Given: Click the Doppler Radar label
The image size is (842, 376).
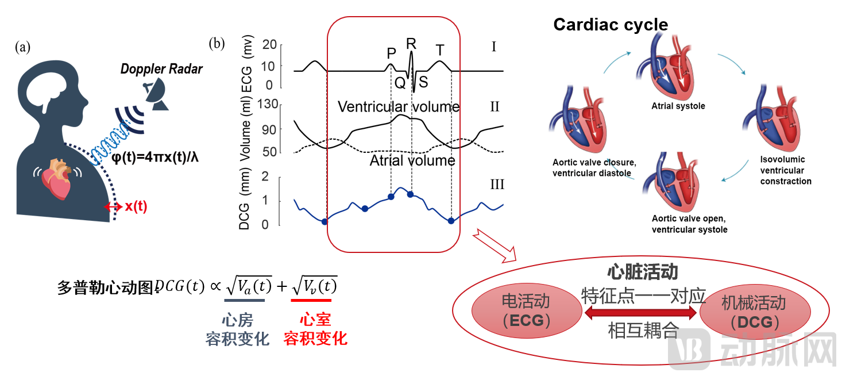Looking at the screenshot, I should pyautogui.click(x=161, y=70).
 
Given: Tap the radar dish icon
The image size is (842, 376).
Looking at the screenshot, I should pyautogui.click(x=155, y=95).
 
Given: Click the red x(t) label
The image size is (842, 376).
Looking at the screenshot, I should pyautogui.click(x=136, y=207).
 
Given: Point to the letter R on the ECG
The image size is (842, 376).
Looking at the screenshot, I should pyautogui.click(x=411, y=44).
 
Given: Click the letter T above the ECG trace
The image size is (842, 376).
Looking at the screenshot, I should pyautogui.click(x=440, y=51).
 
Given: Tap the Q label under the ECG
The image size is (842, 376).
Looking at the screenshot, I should pyautogui.click(x=400, y=82).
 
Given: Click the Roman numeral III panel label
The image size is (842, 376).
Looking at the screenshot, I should pyautogui.click(x=497, y=184).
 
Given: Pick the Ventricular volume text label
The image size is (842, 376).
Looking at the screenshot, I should pyautogui.click(x=398, y=107).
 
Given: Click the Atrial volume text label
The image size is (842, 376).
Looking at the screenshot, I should pyautogui.click(x=412, y=160).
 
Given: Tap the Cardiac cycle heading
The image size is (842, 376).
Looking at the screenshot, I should pyautogui.click(x=610, y=25).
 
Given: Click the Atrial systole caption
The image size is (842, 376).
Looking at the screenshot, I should pyautogui.click(x=678, y=106).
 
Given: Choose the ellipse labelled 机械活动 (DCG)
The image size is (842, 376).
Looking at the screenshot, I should pyautogui.click(x=754, y=312).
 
